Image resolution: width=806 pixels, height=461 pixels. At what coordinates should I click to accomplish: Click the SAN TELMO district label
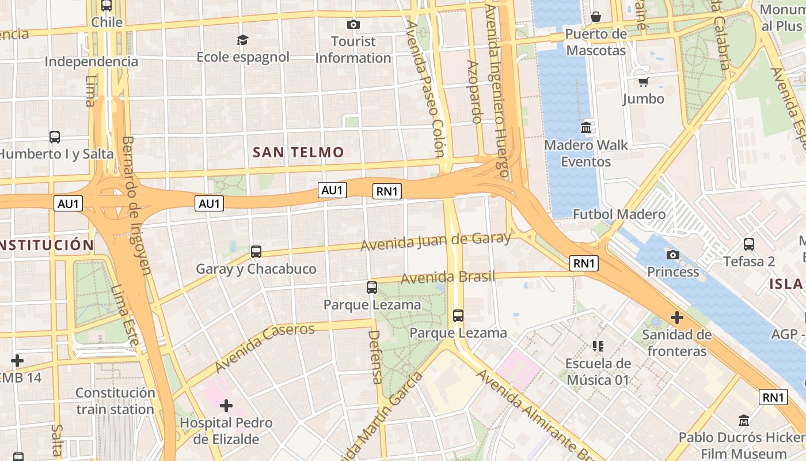[298, 152]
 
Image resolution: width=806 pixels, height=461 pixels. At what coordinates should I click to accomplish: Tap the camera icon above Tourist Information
[353, 24]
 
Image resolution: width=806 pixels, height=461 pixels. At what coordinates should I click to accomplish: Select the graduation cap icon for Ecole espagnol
[243, 40]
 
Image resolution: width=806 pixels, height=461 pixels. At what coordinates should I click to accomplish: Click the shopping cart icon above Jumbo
[643, 82]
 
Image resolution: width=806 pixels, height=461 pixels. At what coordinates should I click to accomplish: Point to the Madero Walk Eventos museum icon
[586, 127]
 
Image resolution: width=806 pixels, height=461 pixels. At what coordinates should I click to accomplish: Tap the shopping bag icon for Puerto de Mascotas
[596, 17]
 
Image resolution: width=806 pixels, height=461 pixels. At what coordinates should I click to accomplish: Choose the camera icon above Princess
[672, 255]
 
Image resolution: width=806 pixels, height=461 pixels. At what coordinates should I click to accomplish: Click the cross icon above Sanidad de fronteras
[677, 318]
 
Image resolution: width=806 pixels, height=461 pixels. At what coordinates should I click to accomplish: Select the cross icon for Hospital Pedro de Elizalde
[226, 406]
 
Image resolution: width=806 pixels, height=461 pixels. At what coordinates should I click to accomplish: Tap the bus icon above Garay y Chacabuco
[256, 252]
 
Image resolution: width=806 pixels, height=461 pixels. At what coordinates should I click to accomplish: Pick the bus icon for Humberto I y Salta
[55, 137]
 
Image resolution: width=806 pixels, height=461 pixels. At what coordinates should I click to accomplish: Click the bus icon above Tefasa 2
[749, 244]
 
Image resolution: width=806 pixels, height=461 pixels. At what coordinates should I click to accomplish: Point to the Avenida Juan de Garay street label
[436, 241]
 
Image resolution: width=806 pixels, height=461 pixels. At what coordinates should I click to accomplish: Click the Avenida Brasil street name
[447, 278]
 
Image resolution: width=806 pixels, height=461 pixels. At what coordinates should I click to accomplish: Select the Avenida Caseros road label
[265, 347]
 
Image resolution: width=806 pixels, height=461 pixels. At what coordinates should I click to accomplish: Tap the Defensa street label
[375, 357]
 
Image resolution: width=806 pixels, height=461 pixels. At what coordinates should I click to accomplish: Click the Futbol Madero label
[619, 214]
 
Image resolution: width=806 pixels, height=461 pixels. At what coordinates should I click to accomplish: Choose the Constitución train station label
[115, 401]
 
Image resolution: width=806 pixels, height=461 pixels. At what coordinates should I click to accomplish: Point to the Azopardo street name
[473, 92]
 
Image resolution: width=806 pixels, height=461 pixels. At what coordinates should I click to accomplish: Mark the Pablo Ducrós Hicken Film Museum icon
[744, 420]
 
